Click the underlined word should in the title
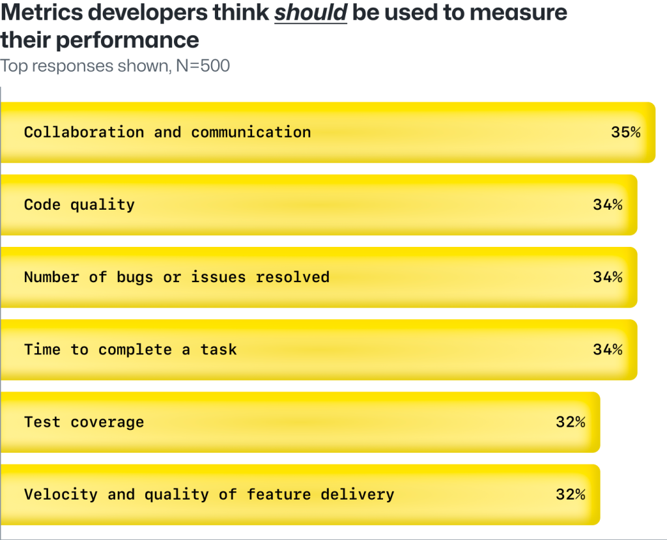311,13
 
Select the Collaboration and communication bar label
167,132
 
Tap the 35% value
625,132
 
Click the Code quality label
79,205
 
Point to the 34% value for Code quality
607,205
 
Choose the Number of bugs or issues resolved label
177,277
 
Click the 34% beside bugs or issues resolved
607,277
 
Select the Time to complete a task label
130,349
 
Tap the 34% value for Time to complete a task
607,349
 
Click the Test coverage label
84,422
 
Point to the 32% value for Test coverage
570,422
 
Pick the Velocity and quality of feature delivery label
209,494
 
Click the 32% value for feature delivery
570,494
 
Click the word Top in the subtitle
12,66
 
